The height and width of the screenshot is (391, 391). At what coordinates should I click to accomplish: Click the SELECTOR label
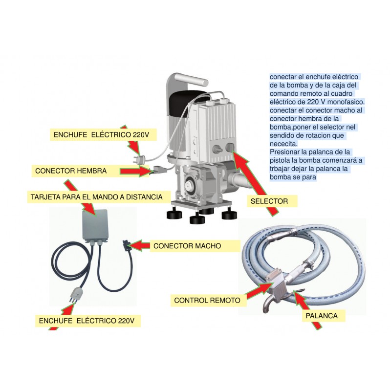(269, 201)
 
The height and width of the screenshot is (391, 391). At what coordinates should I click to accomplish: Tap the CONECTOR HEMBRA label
(71, 171)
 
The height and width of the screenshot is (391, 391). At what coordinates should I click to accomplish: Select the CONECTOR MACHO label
(187, 246)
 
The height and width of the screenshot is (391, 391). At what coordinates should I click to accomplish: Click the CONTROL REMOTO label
(207, 300)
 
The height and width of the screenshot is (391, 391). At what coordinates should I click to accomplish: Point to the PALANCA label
(322, 316)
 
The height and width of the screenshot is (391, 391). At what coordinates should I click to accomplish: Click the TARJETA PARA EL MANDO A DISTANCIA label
(96, 197)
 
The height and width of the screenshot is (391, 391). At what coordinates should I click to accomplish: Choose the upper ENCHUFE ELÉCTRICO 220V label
(101, 135)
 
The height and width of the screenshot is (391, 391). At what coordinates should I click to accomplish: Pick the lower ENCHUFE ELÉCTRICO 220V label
(87, 321)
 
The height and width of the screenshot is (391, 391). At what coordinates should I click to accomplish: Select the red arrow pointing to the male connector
(140, 246)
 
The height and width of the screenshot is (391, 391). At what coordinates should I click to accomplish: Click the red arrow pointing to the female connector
(135, 171)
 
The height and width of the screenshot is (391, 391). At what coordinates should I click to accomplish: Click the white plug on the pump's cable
(140, 158)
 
